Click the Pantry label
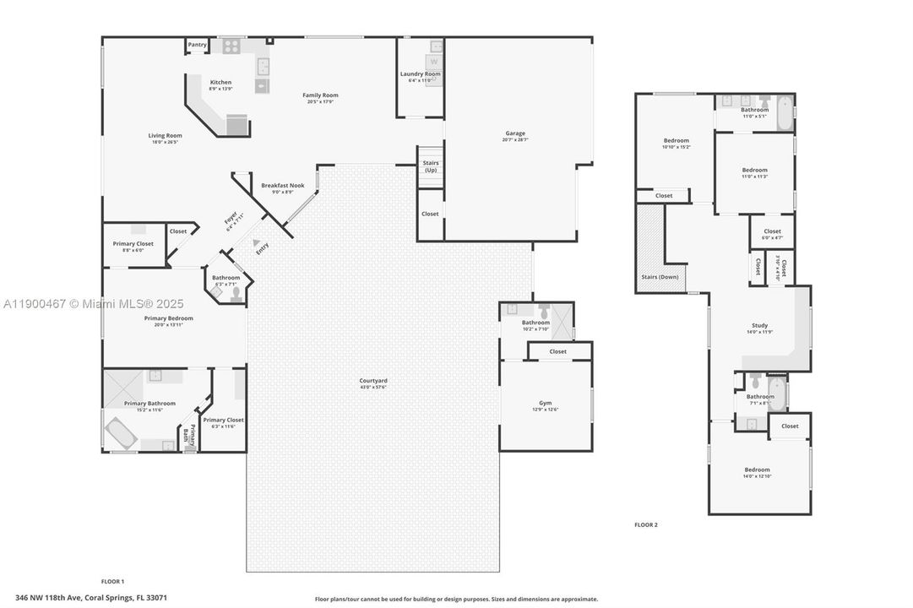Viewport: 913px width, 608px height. tap(197, 45)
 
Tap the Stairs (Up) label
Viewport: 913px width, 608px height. tap(430, 166)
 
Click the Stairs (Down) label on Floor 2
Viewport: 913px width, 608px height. tap(660, 277)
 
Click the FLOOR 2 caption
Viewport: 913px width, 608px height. tap(645, 524)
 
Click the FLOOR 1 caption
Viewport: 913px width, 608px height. tap(112, 581)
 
